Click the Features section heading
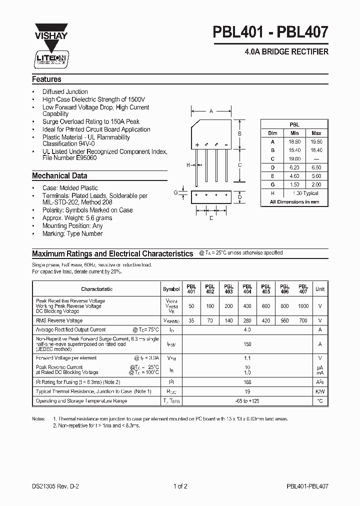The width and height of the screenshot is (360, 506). (46, 79)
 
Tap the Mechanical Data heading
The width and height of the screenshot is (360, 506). (59, 176)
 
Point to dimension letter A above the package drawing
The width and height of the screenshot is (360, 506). (211, 111)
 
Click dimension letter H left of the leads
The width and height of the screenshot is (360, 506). (188, 164)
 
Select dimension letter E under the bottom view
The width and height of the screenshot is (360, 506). (211, 218)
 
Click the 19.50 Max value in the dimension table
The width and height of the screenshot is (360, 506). (316, 141)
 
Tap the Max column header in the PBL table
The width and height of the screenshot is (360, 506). (316, 133)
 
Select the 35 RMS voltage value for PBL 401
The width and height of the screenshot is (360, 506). (191, 320)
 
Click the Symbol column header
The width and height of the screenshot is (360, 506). (171, 289)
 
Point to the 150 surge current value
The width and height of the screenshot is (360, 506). (246, 344)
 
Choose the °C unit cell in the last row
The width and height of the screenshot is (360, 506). (320, 401)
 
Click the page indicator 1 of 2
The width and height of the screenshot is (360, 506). (180, 485)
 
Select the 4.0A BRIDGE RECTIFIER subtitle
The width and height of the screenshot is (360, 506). (286, 52)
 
